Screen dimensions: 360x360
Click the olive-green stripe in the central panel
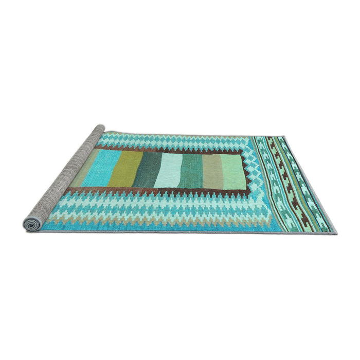pos(125,169)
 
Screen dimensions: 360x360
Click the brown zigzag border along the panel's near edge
pos(154,191)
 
